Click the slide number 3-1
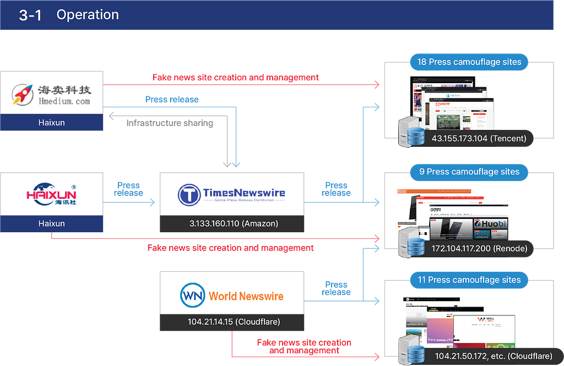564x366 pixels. [31, 15]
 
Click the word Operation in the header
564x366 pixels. [88, 15]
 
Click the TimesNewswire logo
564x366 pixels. [232, 195]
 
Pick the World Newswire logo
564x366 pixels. [232, 296]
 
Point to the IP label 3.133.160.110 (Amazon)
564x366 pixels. [232, 223]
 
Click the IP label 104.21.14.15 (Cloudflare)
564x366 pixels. [232, 322]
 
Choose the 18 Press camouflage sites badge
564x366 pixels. [469, 62]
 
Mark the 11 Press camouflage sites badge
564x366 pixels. [469, 280]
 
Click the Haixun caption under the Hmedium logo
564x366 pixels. [52, 123]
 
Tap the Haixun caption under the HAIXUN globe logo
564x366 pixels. [52, 223]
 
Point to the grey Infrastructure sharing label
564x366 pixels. [169, 122]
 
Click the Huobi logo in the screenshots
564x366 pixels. [490, 224]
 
